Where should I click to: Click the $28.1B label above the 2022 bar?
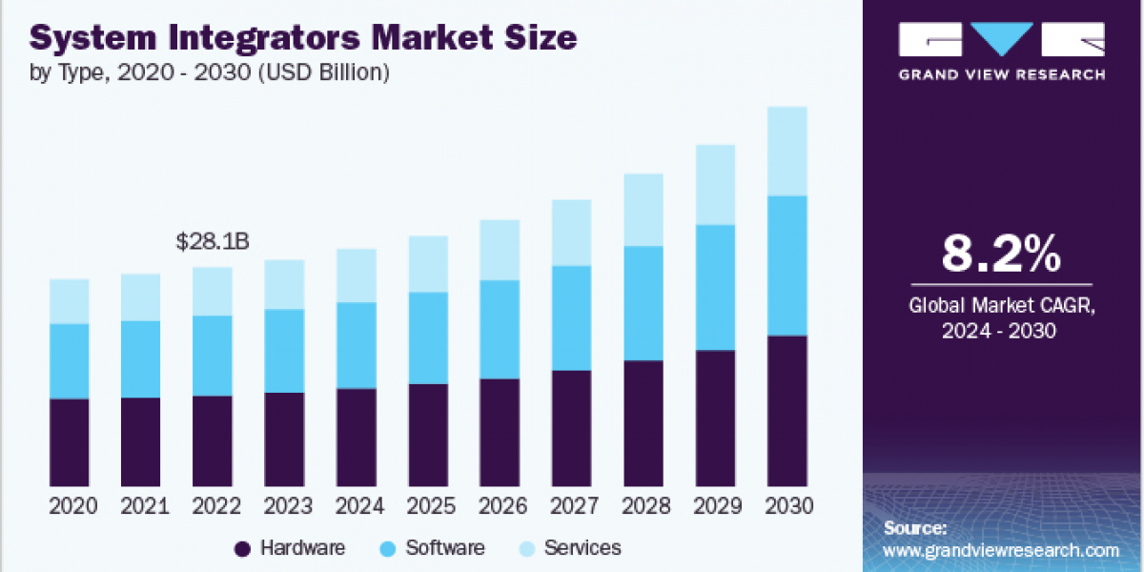point(213,243)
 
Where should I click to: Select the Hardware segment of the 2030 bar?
point(786,410)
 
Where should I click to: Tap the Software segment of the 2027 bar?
point(571,317)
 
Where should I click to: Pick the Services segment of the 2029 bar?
point(715,184)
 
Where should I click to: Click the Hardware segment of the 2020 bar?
point(70,441)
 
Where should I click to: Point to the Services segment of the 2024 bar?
point(357,276)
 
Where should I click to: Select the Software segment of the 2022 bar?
point(213,355)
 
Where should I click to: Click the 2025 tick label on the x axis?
point(428,506)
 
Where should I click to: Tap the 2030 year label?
point(786,506)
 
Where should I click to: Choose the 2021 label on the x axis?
point(141,506)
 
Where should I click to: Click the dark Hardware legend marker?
point(242,548)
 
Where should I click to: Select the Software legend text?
point(444,548)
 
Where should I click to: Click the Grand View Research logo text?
point(1001,74)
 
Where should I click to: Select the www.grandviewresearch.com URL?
point(1001,550)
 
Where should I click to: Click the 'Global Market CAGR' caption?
point(1001,306)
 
